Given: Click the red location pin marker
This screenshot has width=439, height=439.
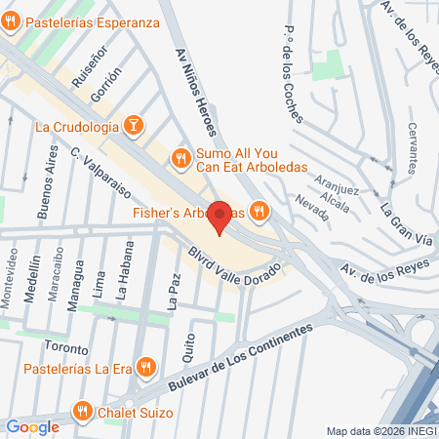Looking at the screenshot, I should [219, 217].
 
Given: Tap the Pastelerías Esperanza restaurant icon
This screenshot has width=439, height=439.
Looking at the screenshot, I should [9, 20].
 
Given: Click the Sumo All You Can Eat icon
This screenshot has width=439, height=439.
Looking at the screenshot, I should [180, 157].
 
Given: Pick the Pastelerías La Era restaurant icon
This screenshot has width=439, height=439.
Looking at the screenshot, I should [144, 367].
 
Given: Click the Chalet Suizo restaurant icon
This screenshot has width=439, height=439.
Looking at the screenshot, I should [83, 412].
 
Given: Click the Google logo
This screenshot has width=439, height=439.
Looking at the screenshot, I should [32, 426].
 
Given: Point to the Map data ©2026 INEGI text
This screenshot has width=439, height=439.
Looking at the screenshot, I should [380, 431].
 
